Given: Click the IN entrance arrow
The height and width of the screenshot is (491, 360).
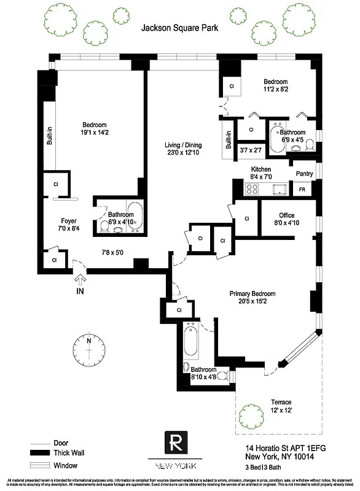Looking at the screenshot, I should click(79, 279).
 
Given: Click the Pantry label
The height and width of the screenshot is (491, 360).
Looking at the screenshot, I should click(305, 174).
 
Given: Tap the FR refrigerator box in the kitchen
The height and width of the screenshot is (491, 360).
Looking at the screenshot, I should click(302, 190).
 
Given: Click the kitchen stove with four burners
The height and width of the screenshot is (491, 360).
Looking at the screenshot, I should click(252, 189).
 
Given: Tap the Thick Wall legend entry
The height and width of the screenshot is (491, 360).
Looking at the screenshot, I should click(69, 453).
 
